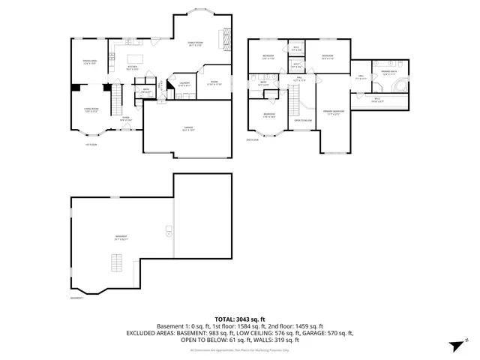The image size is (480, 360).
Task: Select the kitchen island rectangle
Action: [x=136, y=58]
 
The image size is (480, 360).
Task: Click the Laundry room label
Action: [x=183, y=84]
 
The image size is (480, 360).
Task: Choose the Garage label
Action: [x=188, y=128]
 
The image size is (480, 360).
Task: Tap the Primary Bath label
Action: [x=388, y=72]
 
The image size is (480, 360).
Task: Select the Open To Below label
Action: [x=303, y=120]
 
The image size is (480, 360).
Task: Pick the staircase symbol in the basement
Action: [x=115, y=263]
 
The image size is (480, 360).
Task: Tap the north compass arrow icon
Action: [x=454, y=344]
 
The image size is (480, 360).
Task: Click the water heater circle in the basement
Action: [x=169, y=229]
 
